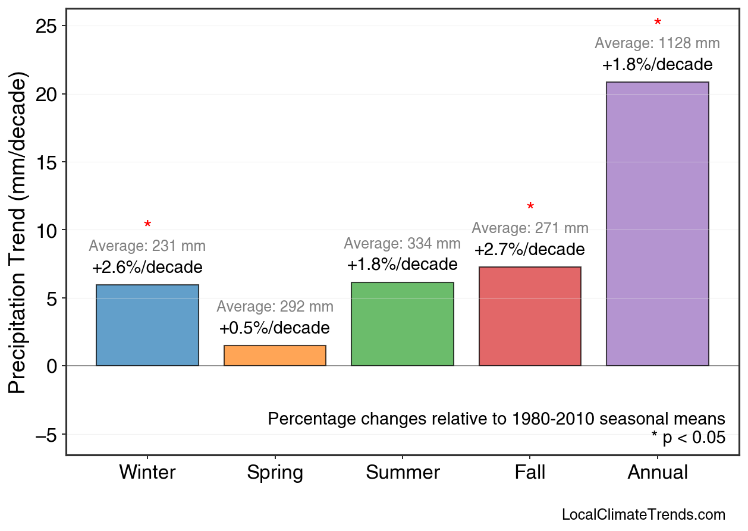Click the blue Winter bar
pyautogui.click(x=147, y=325)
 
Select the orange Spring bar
pyautogui.click(x=275, y=356)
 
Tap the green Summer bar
pyautogui.click(x=403, y=324)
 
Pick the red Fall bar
pyautogui.click(x=530, y=316)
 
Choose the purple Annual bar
pyautogui.click(x=657, y=224)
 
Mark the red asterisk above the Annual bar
pyautogui.click(x=658, y=23)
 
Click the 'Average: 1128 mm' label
pyautogui.click(x=657, y=43)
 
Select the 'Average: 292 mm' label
pyautogui.click(x=275, y=307)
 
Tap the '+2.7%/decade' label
pyautogui.click(x=529, y=250)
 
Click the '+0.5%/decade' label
pyautogui.click(x=274, y=328)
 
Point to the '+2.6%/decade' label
pyautogui.click(x=147, y=268)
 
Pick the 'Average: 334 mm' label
pyautogui.click(x=402, y=244)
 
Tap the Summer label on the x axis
pyautogui.click(x=403, y=473)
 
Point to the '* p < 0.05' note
pyautogui.click(x=688, y=438)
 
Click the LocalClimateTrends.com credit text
pyautogui.click(x=643, y=515)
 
